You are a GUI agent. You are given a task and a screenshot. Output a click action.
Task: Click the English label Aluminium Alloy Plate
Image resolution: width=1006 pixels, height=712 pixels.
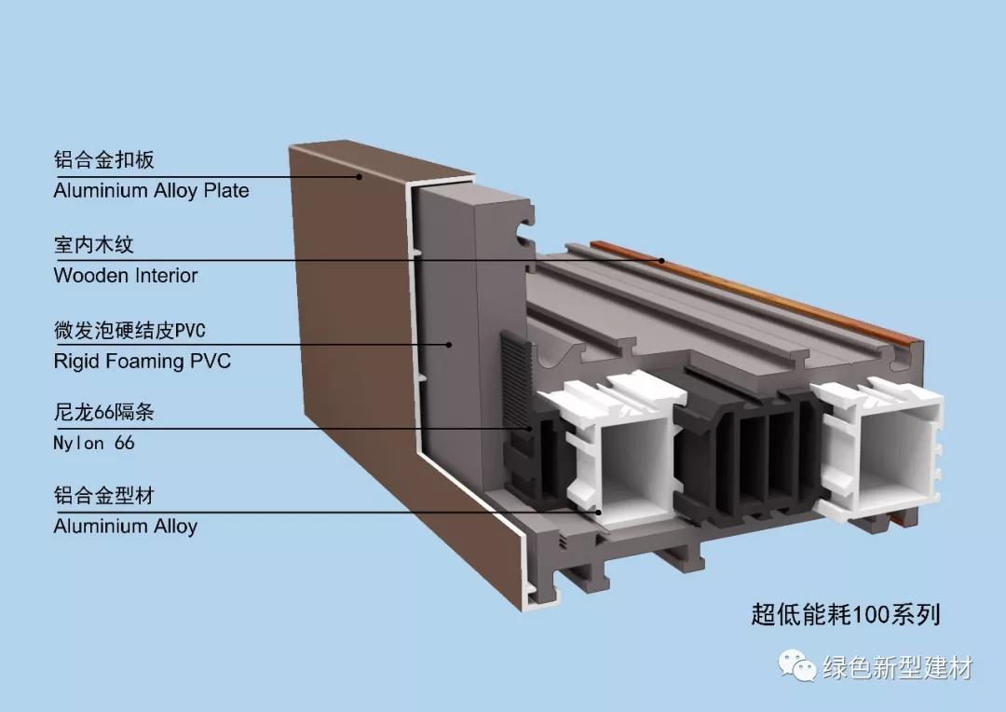pyautogui.click(x=152, y=191)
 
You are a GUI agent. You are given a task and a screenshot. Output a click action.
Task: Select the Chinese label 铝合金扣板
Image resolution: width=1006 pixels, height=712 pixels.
pyautogui.click(x=104, y=159)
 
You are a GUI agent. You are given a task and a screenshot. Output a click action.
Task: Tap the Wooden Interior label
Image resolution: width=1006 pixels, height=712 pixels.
pyautogui.click(x=126, y=276)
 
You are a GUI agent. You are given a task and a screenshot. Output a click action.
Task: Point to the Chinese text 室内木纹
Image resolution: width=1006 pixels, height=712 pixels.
pyautogui.click(x=94, y=244)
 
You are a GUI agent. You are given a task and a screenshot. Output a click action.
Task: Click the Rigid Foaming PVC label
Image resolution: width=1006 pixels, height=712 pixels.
pyautogui.click(x=142, y=361)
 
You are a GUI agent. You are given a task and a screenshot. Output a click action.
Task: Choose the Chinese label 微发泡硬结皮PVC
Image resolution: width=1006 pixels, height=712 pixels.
pyautogui.click(x=129, y=330)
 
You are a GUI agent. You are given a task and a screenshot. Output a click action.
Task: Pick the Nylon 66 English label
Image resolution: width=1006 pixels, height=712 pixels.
pyautogui.click(x=94, y=443)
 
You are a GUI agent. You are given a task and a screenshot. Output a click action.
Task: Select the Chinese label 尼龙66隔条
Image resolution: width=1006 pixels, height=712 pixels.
pyautogui.click(x=104, y=412)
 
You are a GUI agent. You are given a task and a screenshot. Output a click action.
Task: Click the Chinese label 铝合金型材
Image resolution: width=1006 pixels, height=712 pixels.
pyautogui.click(x=104, y=495)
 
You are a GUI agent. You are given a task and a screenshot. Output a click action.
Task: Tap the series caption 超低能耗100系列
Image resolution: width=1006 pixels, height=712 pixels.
pyautogui.click(x=846, y=614)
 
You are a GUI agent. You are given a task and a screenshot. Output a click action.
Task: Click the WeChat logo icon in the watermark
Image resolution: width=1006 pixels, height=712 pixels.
pyautogui.click(x=796, y=665)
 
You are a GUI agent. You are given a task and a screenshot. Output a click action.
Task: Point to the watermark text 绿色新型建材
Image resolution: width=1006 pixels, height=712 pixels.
pyautogui.click(x=898, y=667)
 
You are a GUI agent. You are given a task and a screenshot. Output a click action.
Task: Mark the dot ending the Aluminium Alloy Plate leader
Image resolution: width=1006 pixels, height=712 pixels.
pyautogui.click(x=360, y=176)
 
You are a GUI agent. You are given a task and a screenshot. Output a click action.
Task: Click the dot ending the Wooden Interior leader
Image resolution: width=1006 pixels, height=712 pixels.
pyautogui.click(x=663, y=260)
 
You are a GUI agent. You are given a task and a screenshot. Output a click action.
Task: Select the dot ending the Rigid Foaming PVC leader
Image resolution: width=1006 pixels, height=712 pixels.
pyautogui.click(x=449, y=345)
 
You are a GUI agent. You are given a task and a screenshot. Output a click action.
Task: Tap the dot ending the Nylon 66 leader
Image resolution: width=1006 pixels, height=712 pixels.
pyautogui.click(x=531, y=429)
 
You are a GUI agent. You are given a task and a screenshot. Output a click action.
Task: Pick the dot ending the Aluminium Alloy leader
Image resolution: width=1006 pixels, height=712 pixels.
pyautogui.click(x=598, y=513)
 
